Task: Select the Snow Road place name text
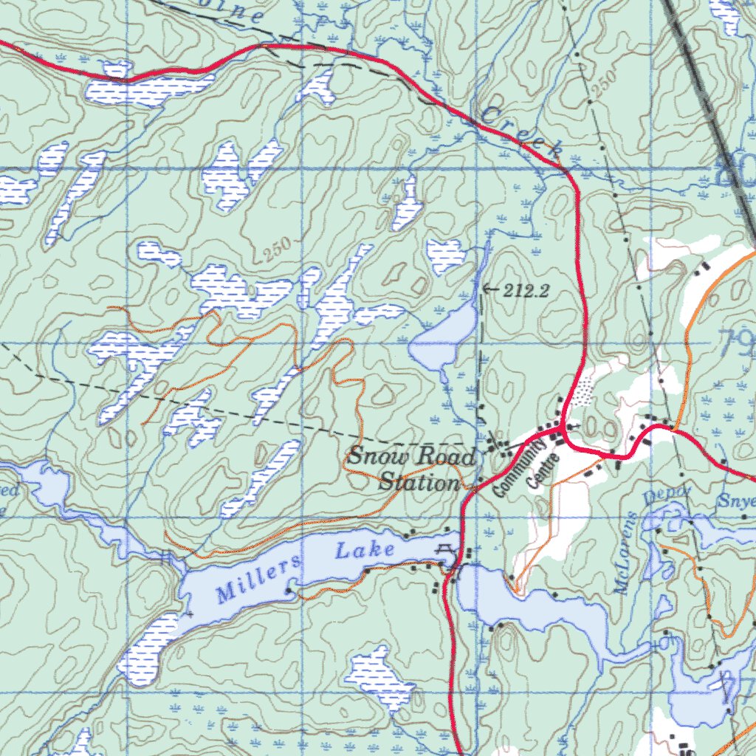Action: [410, 456]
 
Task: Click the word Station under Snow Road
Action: [419, 484]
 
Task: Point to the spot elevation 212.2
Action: [526, 291]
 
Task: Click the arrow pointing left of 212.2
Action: [489, 289]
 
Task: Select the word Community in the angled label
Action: [520, 468]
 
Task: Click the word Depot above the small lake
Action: [667, 495]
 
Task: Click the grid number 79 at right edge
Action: [736, 341]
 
